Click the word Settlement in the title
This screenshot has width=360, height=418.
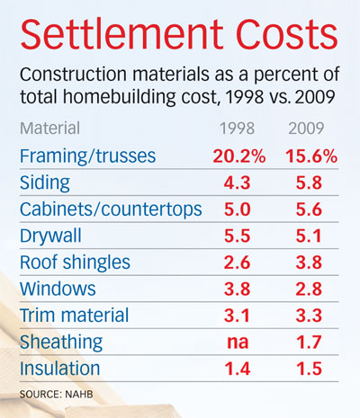pyautogui.click(x=122, y=34)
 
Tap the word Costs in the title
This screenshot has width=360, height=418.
pyautogui.click(x=287, y=34)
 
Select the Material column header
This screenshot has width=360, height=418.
pyautogui.click(x=49, y=128)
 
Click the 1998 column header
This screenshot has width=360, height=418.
pyautogui.click(x=237, y=129)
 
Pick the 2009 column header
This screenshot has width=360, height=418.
pyautogui.click(x=306, y=129)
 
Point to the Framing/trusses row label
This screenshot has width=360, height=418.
pyautogui.click(x=87, y=156)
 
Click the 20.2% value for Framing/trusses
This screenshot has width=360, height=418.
pyautogui.click(x=239, y=156)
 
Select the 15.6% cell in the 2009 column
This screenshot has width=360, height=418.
pyautogui.click(x=311, y=156)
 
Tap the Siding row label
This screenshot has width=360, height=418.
pyautogui.click(x=45, y=182)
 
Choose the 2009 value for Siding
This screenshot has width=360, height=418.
pyautogui.click(x=309, y=182)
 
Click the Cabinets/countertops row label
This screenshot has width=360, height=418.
pyautogui.click(x=111, y=209)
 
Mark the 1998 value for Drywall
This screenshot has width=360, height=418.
pyautogui.click(x=237, y=236)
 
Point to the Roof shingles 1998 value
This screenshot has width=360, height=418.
pyautogui.click(x=237, y=262)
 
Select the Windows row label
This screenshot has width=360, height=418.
pyautogui.click(x=58, y=289)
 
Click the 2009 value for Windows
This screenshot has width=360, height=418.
pyautogui.click(x=309, y=289)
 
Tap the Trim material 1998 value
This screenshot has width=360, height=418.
pyautogui.click(x=237, y=316)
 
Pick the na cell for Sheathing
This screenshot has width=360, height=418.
pyautogui.click(x=238, y=342)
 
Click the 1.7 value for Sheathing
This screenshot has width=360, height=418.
pyautogui.click(x=309, y=342)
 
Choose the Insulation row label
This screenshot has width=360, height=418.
pyautogui.click(x=59, y=369)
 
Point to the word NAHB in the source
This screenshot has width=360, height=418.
pyautogui.click(x=79, y=394)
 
